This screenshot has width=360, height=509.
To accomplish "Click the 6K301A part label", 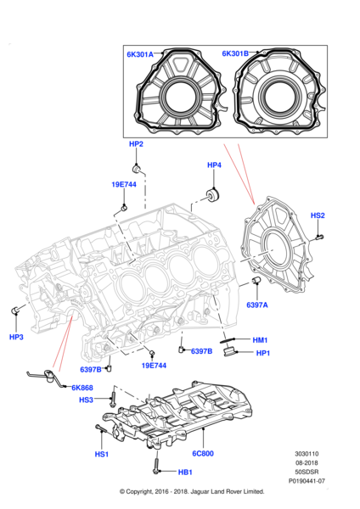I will (140, 54).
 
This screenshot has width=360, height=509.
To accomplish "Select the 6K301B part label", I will (235, 54).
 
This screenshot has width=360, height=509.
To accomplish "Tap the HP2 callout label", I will (136, 145).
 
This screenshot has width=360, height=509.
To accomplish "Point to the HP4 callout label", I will (214, 165).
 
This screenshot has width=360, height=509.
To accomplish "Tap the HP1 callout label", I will (262, 353).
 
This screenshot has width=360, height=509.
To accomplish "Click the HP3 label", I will (16, 337).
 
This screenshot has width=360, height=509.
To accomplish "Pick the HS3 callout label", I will (87, 400).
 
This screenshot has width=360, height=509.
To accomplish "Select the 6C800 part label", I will (201, 455).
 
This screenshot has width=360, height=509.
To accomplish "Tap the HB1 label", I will (185, 473).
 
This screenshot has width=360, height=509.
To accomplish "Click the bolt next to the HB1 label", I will (158, 467).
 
